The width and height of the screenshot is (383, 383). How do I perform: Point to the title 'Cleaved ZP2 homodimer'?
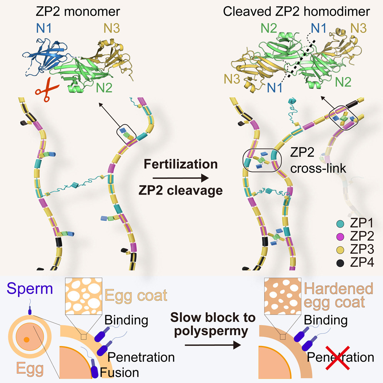296,12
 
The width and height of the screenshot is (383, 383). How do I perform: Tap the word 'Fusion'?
120,372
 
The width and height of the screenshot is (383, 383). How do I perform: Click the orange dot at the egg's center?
26,340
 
